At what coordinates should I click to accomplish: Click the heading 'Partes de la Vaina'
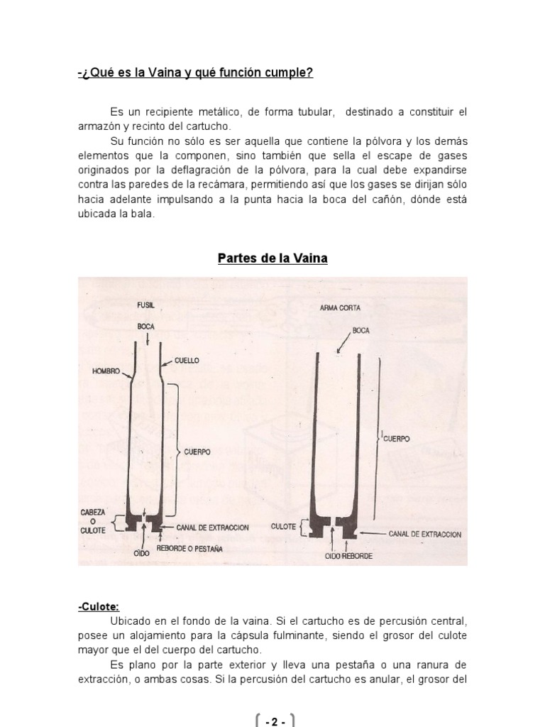(272, 258)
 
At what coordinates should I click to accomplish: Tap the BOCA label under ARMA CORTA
(361, 330)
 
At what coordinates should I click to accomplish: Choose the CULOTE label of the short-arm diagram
(285, 528)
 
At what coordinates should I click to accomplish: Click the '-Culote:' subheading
(99, 606)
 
